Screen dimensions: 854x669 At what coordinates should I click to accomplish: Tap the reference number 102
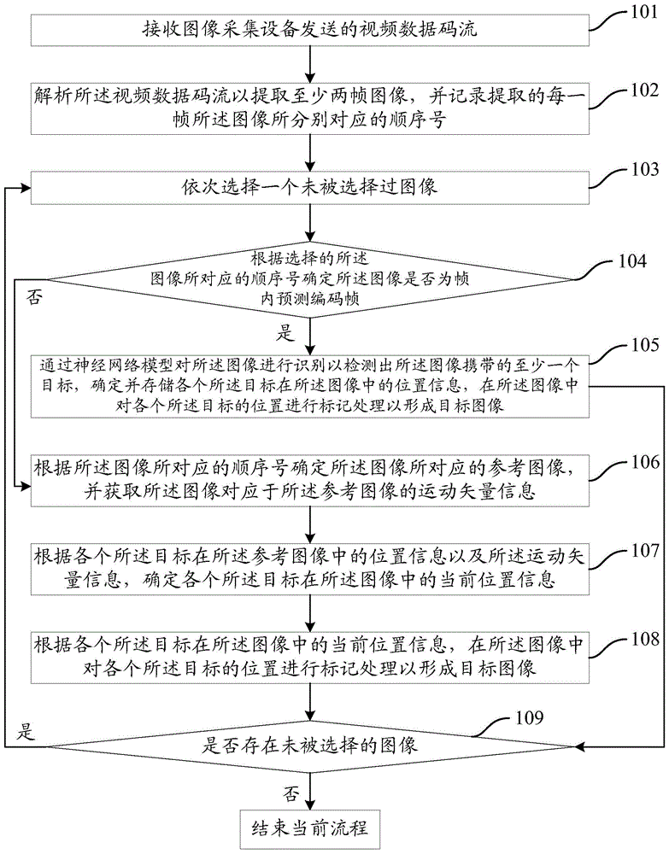click(644, 90)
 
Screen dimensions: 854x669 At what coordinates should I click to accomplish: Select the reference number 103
click(644, 168)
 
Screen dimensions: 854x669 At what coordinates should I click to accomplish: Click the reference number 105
click(644, 347)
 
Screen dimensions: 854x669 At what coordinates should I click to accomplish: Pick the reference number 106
click(644, 461)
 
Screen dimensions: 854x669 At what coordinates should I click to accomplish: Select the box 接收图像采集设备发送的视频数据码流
click(309, 32)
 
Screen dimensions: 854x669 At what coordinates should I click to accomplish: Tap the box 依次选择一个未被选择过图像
click(309, 186)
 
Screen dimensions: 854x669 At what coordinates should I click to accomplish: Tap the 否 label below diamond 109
click(291, 793)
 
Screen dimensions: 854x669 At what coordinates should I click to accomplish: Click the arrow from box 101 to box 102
click(309, 63)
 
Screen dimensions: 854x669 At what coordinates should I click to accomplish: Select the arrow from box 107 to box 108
click(309, 611)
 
